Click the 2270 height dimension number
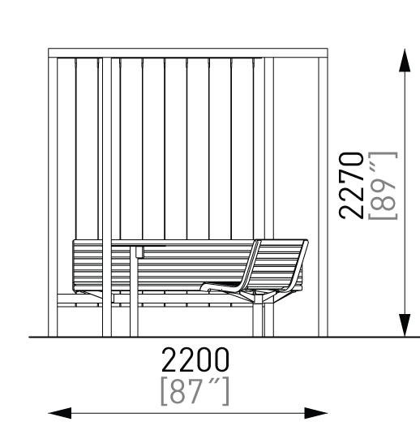point(351,186)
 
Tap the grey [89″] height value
point(383,186)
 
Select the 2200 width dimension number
point(195,359)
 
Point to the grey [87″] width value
point(195,391)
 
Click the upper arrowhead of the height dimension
point(405,60)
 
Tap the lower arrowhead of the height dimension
point(405,325)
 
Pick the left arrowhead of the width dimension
point(60,413)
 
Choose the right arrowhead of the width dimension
point(316,413)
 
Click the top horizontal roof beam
point(188,53)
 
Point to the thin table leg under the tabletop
point(134,291)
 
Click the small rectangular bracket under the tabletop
point(139,252)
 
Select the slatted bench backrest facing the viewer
point(163,265)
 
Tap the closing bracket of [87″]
point(226,391)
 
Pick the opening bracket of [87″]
point(165,391)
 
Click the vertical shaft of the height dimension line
point(405,193)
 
